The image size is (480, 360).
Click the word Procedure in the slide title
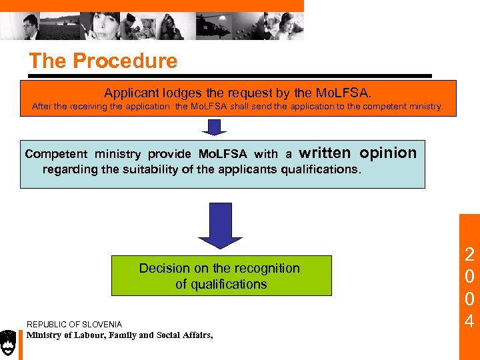[125, 61]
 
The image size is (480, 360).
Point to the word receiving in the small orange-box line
[92, 107]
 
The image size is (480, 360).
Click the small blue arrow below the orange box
[214, 127]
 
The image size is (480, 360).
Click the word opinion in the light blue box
[388, 153]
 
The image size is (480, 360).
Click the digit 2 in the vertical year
[469, 254]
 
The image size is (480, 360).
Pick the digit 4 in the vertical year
[469, 322]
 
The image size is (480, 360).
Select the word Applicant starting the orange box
[129, 93]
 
